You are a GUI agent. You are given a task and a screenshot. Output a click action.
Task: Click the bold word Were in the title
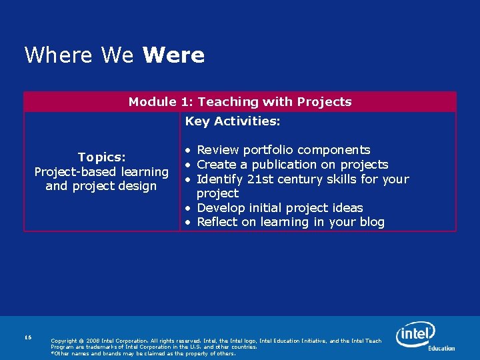[x=173, y=55]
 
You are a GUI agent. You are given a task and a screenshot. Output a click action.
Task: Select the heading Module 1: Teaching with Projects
[x=240, y=102]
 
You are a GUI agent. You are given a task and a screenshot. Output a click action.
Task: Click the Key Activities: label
[x=233, y=121]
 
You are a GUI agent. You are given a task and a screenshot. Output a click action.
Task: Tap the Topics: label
[x=101, y=157]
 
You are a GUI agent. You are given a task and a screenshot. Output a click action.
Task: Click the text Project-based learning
[x=101, y=172]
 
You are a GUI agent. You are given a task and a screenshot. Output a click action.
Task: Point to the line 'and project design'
[x=101, y=186]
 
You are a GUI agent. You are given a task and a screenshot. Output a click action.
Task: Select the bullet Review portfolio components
[x=283, y=150]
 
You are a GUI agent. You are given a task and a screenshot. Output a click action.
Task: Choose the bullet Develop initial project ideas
[x=280, y=208]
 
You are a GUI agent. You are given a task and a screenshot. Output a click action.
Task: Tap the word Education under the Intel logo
[x=441, y=348]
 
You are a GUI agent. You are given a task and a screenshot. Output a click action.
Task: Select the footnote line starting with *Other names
[x=143, y=353]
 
